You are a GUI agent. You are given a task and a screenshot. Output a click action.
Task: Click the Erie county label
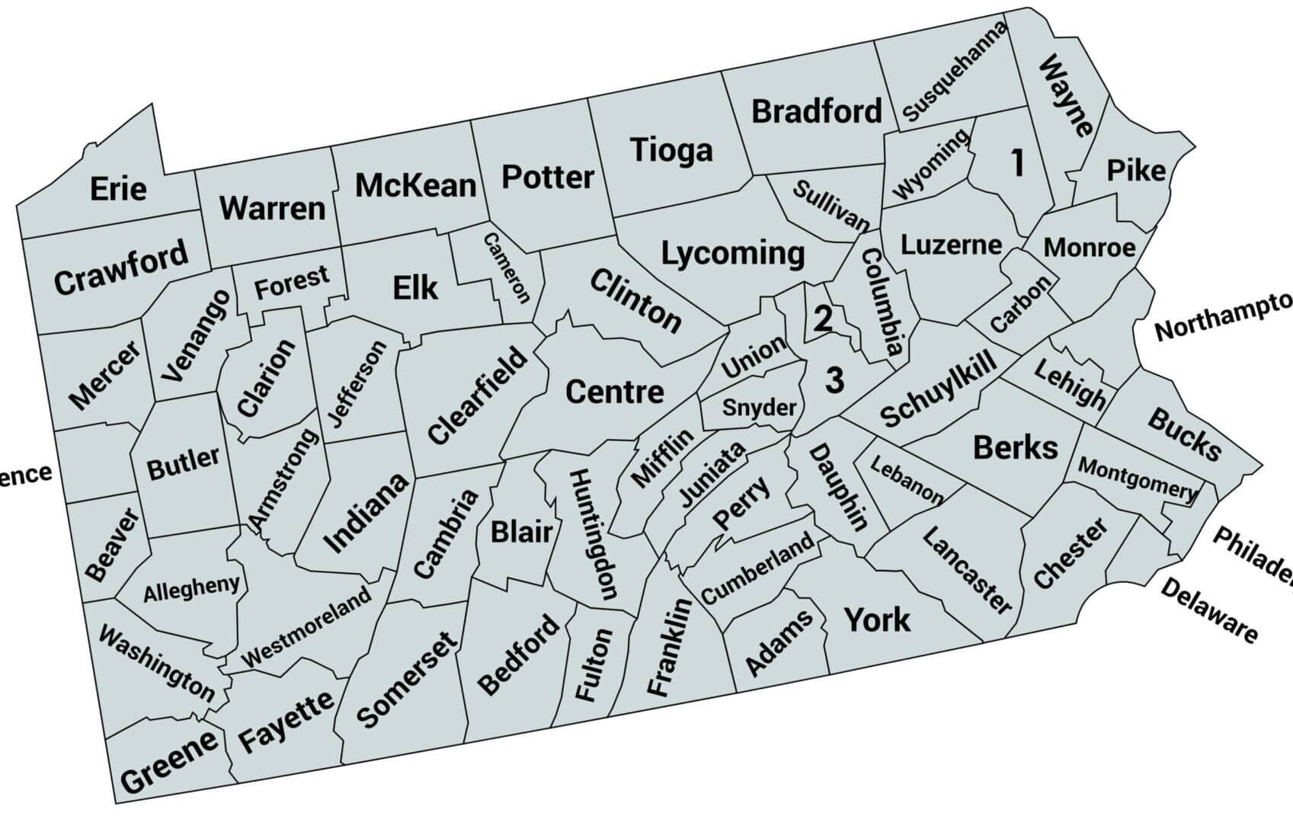tap(118, 187)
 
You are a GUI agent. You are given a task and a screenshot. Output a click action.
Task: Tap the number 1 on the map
tap(1017, 163)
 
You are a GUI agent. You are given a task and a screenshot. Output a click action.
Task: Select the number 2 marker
tap(822, 319)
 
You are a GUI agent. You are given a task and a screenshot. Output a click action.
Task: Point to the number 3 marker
tap(835, 379)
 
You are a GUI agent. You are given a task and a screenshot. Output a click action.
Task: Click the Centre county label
tap(614, 392)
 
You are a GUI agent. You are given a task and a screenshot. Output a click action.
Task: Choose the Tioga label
tap(671, 149)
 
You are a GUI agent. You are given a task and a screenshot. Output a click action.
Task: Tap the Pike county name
tap(1136, 170)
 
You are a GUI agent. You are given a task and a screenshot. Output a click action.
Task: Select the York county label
tap(876, 620)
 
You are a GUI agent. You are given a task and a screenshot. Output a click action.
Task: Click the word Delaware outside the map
tap(1208, 610)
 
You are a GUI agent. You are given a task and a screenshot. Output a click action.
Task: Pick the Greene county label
tap(169, 763)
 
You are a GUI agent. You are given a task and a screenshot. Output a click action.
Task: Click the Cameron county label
tap(506, 267)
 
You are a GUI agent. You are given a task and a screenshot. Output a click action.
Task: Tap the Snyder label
tap(759, 408)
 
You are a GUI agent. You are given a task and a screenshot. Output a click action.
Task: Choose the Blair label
tap(521, 531)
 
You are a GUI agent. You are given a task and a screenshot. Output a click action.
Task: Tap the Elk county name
tap(415, 288)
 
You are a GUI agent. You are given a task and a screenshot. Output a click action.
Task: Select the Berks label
tap(1016, 447)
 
